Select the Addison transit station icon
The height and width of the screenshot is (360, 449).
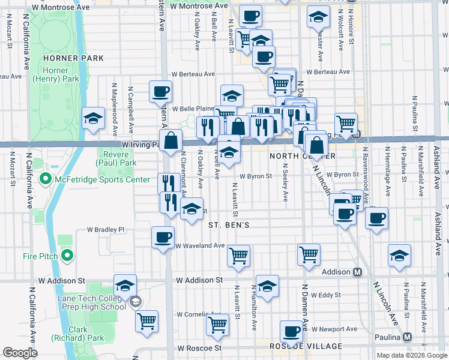(358, 272)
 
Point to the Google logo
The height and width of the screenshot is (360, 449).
(20, 353)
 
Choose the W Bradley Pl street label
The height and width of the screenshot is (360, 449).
(105, 229)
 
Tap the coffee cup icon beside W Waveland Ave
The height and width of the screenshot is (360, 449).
(163, 237)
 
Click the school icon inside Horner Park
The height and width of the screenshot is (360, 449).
(93, 119)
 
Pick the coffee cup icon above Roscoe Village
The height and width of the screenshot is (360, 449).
(292, 331)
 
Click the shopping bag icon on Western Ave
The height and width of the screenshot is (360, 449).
(171, 141)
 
